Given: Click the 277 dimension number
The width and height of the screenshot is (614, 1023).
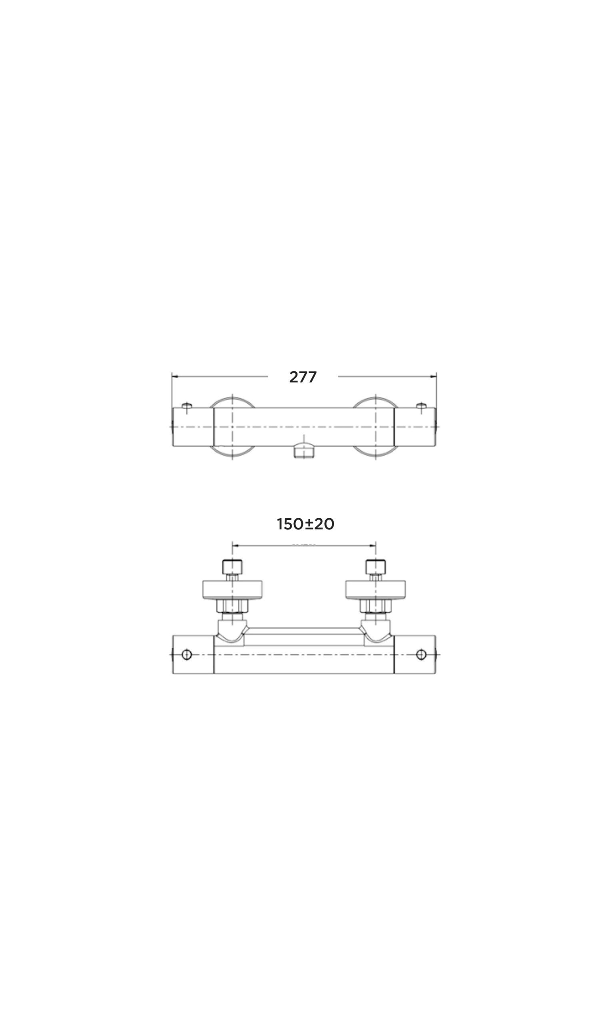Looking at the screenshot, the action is [x=303, y=377].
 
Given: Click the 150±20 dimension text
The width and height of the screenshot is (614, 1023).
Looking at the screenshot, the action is [x=305, y=524].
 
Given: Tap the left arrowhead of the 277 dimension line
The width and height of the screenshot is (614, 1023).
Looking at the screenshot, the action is [x=175, y=376].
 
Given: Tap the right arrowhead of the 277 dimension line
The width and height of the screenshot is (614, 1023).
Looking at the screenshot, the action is [x=434, y=376].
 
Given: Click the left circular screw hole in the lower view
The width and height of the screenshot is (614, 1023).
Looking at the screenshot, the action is [x=187, y=655].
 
